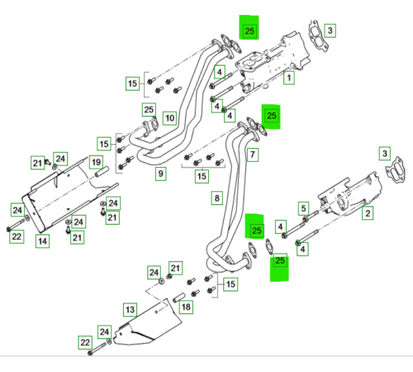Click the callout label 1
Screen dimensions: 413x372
click(289, 78)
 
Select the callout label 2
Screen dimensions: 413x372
click(368, 213)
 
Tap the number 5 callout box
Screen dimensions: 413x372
click(303, 208)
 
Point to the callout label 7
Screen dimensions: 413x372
click(253, 155)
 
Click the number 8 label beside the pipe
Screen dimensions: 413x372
click(217, 198)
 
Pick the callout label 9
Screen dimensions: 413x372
click(160, 174)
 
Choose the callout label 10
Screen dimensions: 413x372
click(169, 118)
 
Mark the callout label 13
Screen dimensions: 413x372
click(131, 310)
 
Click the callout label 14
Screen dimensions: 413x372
click(42, 241)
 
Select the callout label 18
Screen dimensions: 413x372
click(186, 307)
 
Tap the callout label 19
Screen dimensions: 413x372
click(96, 162)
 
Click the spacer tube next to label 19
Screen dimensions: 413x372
click(102, 171)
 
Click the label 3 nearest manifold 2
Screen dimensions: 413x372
click(385, 154)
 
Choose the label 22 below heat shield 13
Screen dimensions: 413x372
click(85, 342)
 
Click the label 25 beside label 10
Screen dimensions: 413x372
click(149, 109)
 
